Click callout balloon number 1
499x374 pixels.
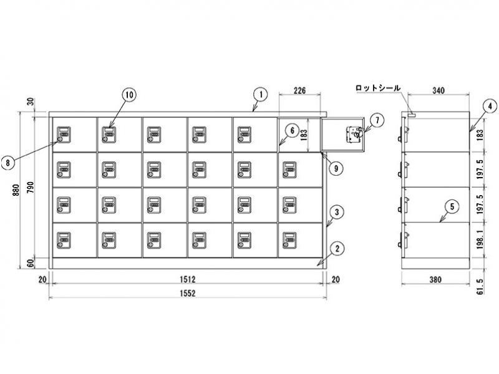click(259, 94)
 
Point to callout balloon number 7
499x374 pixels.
click(376, 119)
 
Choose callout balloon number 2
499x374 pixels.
click(336, 249)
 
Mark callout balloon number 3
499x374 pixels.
click(336, 212)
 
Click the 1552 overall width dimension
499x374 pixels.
click(188, 294)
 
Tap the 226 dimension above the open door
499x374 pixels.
click(300, 91)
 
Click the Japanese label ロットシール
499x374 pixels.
click(377, 88)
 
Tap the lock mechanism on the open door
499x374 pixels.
click(354, 133)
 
